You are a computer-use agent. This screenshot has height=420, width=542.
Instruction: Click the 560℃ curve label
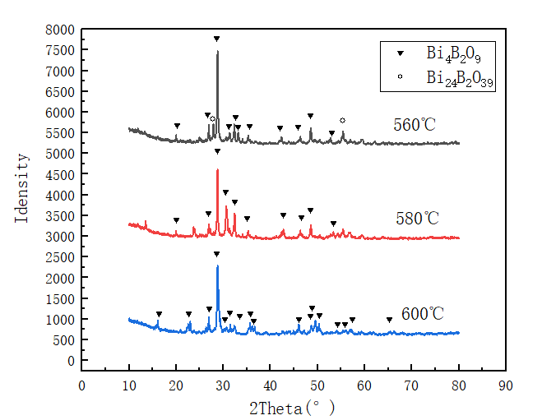415,125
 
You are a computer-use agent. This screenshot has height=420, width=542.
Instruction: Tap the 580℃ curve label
417,219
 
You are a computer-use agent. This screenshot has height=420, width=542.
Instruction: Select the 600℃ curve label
423,314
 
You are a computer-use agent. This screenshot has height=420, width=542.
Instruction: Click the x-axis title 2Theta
294,406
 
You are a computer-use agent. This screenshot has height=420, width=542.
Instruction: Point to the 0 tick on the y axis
72,361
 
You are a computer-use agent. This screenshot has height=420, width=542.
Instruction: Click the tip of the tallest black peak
217,51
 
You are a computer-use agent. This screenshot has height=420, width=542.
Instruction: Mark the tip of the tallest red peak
217,169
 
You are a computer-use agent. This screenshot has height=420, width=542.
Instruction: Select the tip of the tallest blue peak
217,265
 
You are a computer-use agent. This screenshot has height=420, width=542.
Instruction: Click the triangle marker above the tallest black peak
217,39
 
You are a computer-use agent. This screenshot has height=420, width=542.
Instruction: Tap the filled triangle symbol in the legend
401,54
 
